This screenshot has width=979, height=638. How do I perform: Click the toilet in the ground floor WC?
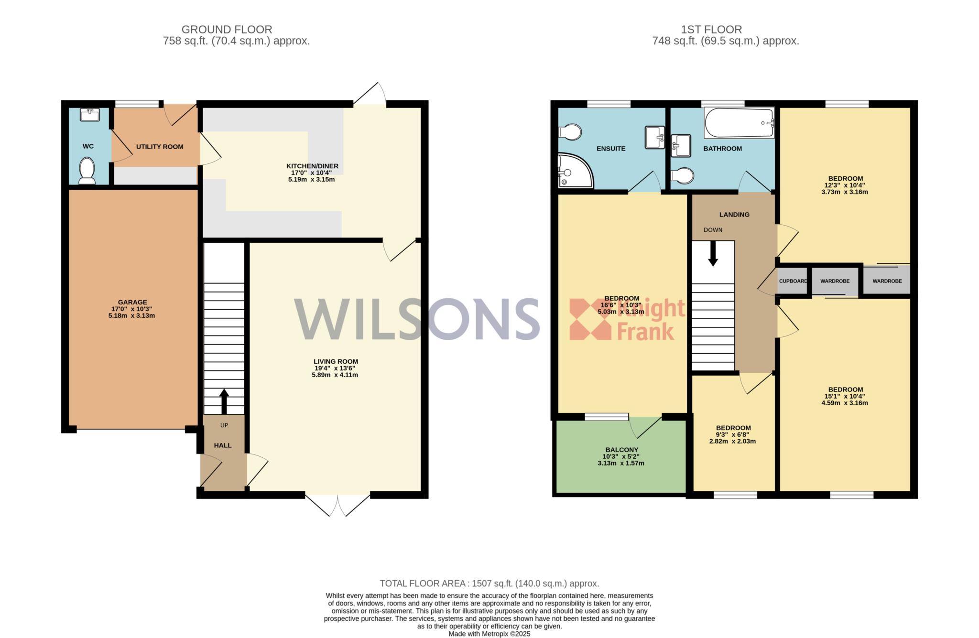click(x=87, y=171)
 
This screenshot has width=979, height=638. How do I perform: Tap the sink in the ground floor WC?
click(x=89, y=115)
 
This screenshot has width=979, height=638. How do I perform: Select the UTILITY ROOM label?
click(x=160, y=147)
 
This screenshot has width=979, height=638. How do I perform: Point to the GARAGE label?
click(x=132, y=302)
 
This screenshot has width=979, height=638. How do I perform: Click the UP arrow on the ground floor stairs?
click(x=224, y=401)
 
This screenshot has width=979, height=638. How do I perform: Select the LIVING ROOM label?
click(x=336, y=362)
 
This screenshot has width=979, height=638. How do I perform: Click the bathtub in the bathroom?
click(x=739, y=123)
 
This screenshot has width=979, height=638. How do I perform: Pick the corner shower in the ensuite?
click(x=576, y=170)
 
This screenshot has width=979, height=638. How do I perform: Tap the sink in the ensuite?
click(x=654, y=137)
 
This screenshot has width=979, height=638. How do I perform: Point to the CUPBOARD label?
click(x=793, y=281)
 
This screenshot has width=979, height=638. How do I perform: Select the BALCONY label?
click(x=621, y=450)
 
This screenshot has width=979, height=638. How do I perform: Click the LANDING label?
click(x=734, y=215)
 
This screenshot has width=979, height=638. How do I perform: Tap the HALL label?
click(x=223, y=445)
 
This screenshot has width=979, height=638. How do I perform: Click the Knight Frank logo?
click(x=627, y=319)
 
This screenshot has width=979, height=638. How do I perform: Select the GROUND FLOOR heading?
click(x=227, y=30)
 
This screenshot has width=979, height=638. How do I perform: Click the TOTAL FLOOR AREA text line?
click(x=489, y=584)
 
